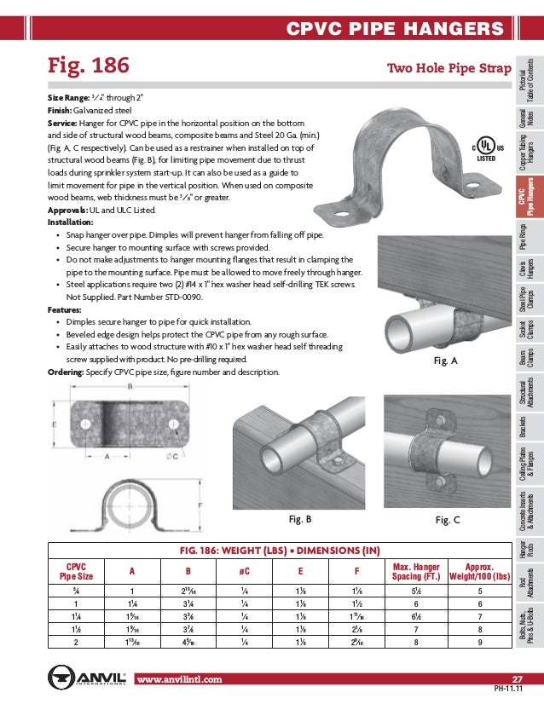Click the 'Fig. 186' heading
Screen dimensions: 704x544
(x=88, y=66)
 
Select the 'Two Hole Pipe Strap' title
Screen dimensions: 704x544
(x=449, y=67)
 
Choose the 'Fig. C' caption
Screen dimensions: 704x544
(x=448, y=518)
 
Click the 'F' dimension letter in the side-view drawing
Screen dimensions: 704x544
(x=199, y=504)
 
